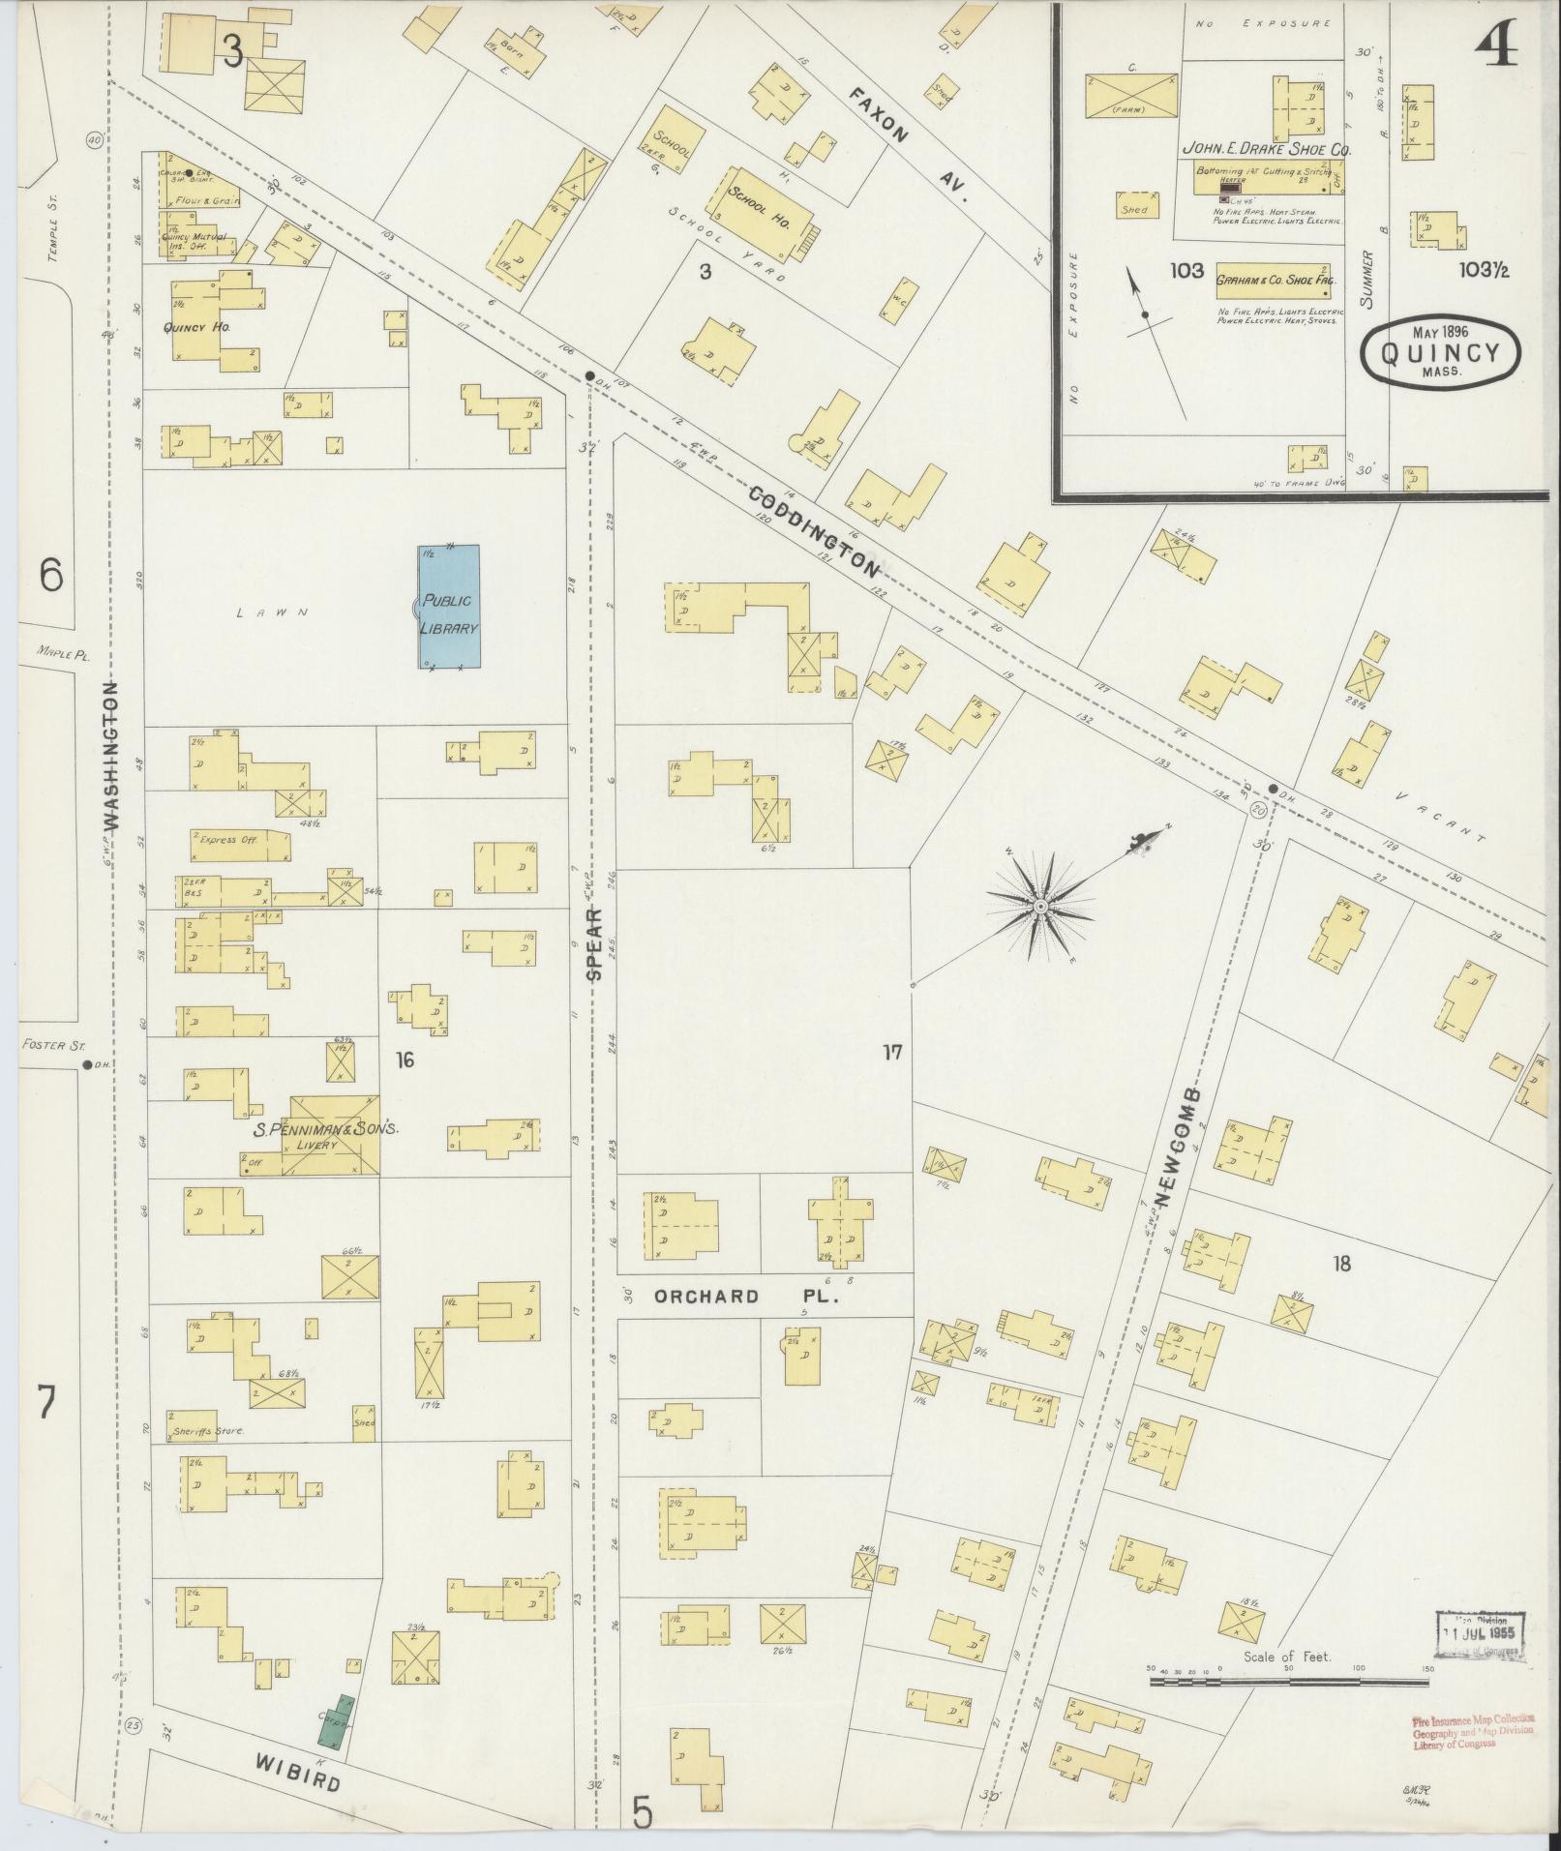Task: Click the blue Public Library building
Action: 449,607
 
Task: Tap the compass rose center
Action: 1040,907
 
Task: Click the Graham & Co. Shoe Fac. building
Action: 1274,279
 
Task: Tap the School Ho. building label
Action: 762,206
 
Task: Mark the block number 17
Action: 891,1051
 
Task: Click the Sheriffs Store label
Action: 208,1430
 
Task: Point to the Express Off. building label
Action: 228,840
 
